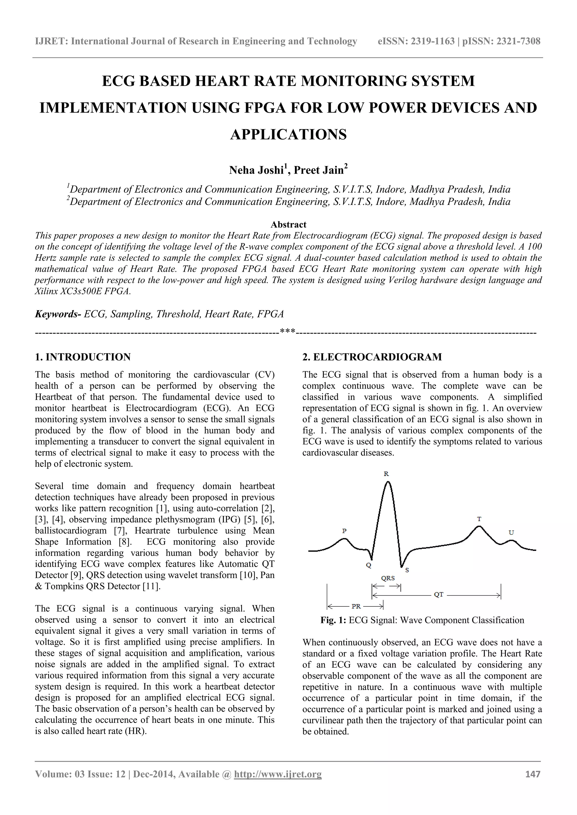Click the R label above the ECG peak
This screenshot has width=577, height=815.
[386, 474]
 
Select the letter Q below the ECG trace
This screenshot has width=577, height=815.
[369, 565]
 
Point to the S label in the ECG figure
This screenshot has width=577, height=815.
[407, 570]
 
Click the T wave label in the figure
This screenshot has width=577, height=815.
[479, 519]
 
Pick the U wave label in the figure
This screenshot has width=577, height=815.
[511, 532]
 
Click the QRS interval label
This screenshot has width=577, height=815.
[388, 578]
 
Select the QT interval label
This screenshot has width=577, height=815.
[439, 594]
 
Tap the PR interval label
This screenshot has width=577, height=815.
[356, 606]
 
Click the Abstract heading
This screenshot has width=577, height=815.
[288, 224]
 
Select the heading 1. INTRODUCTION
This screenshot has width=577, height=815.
[83, 357]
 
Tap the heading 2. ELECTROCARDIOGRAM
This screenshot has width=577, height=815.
[372, 357]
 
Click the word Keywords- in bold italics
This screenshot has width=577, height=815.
[58, 314]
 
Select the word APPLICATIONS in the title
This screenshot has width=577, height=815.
[288, 135]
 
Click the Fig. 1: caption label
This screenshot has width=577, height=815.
[333, 620]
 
